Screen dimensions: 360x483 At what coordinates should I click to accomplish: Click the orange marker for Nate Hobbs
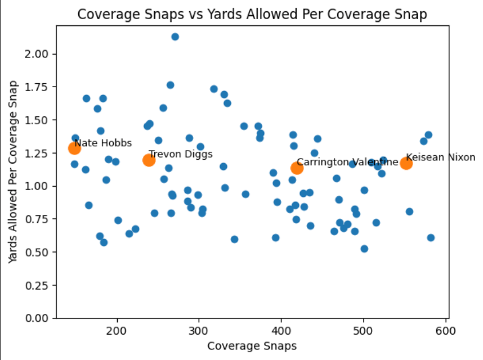pos(75,148)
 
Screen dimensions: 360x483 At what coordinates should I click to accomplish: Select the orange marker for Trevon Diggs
pos(149,160)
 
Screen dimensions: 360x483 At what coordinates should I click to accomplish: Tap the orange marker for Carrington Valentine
pos(297,168)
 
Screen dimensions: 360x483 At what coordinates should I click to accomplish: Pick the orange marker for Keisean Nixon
pos(406,164)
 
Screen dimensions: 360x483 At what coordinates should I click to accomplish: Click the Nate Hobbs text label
pos(103,143)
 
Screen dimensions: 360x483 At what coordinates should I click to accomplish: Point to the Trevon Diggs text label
pos(181,154)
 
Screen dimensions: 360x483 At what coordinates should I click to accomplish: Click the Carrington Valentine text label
pos(347,162)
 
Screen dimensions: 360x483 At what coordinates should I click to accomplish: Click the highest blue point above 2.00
pos(175,37)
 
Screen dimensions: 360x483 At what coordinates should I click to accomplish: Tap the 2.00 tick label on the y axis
pos(39,54)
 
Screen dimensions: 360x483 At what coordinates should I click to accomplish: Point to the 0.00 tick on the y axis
pos(39,318)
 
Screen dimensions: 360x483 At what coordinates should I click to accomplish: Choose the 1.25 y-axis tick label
pos(39,153)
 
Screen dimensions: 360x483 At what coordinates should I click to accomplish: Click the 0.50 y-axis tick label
pos(39,252)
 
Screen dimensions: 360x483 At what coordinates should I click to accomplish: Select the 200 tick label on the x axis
pos(117,330)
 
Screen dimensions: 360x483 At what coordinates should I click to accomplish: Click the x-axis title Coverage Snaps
pos(252,345)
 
